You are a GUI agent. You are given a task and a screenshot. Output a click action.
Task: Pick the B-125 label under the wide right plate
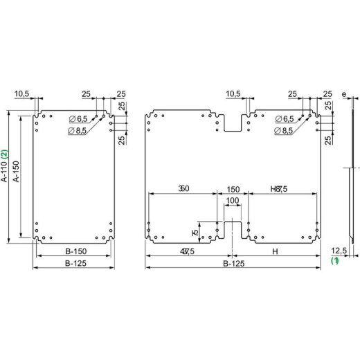[x=233, y=264]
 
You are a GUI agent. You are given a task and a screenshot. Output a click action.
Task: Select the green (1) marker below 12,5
[x=335, y=261]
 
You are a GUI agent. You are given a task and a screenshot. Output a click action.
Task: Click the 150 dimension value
[x=233, y=188]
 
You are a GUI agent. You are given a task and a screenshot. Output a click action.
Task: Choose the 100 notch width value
[x=233, y=201]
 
